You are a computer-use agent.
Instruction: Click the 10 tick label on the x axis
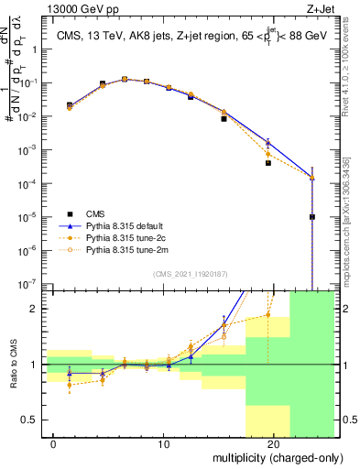pyautogui.click(x=164, y=444)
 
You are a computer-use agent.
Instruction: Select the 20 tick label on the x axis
pyautogui.click(x=273, y=444)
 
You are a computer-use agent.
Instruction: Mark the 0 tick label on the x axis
pyautogui.click(x=54, y=444)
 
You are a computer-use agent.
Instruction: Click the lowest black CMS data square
pyautogui.click(x=312, y=217)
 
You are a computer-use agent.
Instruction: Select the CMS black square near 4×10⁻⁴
pyautogui.click(x=268, y=163)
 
